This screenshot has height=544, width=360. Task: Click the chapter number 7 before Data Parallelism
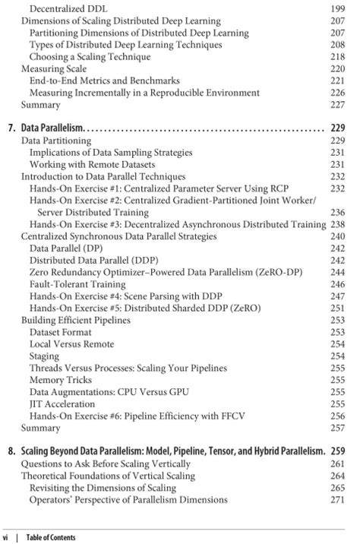tap(11, 128)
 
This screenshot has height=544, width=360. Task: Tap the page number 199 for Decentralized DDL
tap(338, 9)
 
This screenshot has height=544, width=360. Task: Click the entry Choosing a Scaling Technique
tap(86, 57)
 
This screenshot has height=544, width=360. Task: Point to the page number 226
tap(338, 93)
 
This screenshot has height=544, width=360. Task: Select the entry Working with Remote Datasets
tap(92, 164)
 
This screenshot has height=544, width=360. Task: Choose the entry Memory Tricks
tap(62, 380)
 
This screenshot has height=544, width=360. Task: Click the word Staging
tap(44, 356)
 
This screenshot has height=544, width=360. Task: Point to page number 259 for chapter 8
tap(338, 451)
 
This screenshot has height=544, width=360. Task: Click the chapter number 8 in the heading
tap(11, 451)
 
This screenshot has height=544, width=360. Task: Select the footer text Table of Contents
tap(51, 537)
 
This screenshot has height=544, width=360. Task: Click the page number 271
tap(338, 499)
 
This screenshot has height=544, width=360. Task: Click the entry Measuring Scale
tap(53, 69)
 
